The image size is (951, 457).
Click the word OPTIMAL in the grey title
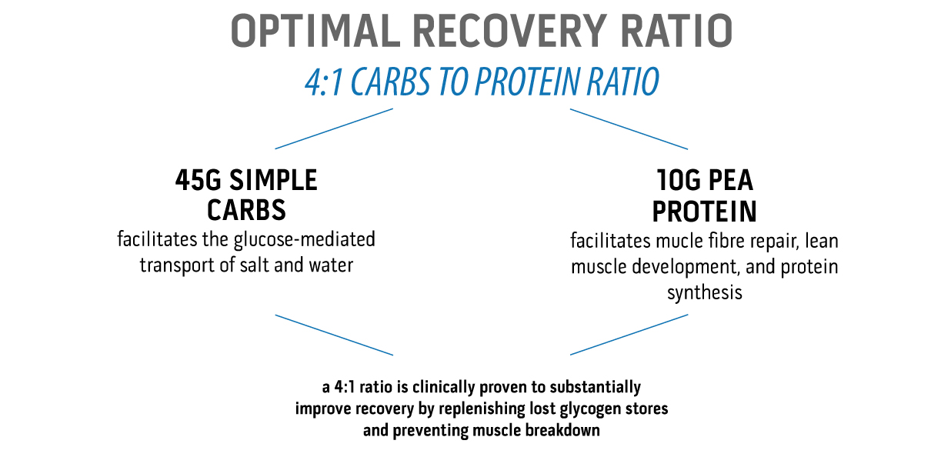(316, 31)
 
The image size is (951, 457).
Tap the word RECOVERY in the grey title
(509, 31)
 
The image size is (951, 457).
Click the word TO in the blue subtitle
(452, 82)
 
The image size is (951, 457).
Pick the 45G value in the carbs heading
(199, 180)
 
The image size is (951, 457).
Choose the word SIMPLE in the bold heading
(273, 180)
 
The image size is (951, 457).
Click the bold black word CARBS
(246, 210)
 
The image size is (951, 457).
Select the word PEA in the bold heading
(731, 180)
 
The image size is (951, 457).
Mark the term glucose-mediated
(305, 239)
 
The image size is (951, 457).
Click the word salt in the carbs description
(255, 265)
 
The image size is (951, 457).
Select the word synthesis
(705, 293)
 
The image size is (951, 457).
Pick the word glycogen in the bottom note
(584, 409)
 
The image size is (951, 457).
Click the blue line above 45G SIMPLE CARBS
(334, 128)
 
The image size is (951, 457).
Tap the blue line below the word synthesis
(629, 335)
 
